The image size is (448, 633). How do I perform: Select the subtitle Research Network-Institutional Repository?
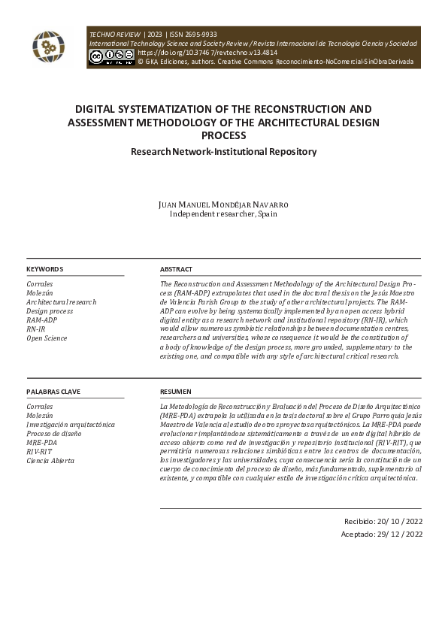223,151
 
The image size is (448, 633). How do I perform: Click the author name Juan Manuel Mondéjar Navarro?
223,204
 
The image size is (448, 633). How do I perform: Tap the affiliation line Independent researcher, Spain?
223,214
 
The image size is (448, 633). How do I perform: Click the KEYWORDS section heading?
45,269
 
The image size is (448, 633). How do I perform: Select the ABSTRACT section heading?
176,269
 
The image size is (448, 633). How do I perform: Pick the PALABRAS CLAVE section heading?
53,392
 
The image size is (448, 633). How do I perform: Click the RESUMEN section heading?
175,392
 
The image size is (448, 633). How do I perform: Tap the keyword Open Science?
47,338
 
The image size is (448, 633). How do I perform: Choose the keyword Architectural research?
61,302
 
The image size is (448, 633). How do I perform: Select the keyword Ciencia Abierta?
50,461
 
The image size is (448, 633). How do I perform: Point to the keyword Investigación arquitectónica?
71,425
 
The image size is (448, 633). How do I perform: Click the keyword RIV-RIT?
39,452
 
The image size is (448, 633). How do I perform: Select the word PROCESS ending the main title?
223,135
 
